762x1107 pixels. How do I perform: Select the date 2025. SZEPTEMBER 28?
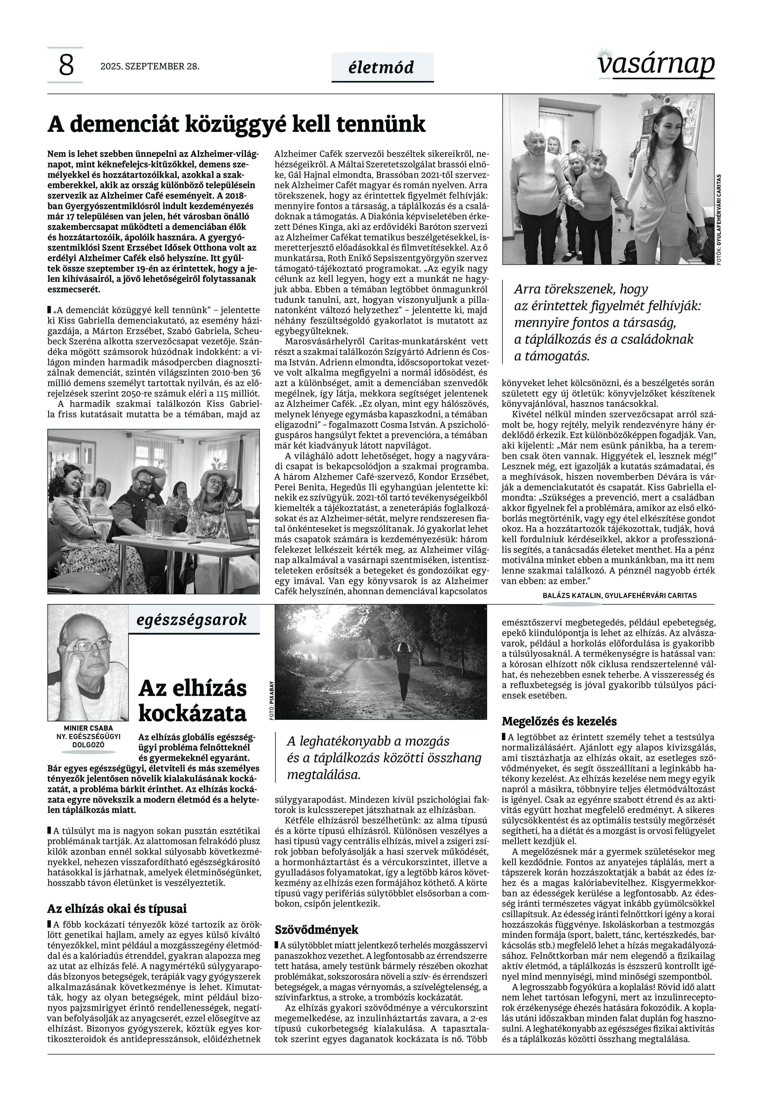[x=149, y=66]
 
